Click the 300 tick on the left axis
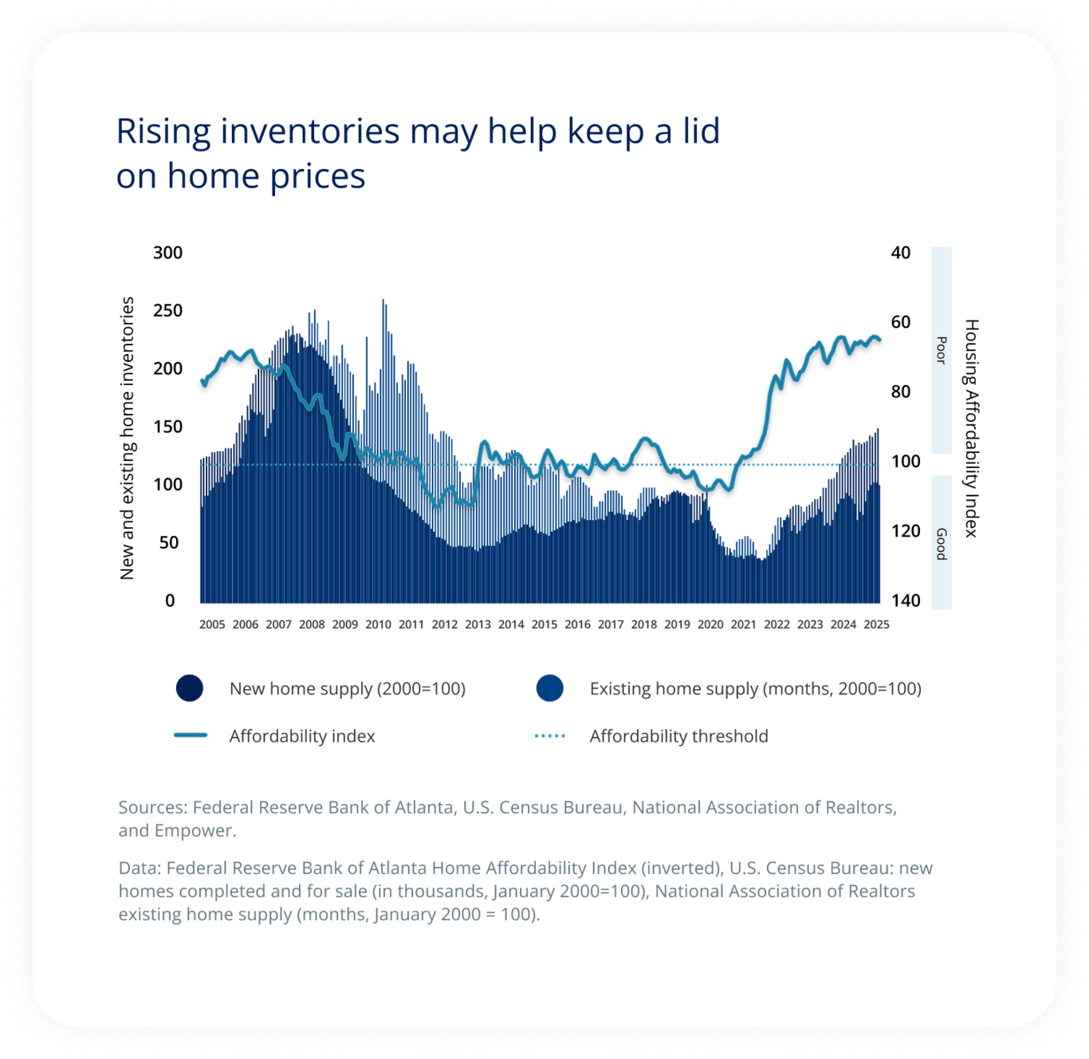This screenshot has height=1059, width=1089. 167,253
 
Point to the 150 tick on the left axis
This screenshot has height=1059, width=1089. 167,427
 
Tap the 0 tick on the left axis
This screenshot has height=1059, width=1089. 170,600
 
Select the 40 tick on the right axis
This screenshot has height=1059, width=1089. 900,253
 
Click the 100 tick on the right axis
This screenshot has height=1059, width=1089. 905,462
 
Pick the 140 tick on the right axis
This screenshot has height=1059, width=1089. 905,600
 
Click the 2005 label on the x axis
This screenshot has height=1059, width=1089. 212,624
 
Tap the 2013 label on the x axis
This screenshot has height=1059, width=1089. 478,624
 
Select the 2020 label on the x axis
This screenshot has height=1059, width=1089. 710,624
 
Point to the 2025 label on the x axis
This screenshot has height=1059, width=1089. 876,624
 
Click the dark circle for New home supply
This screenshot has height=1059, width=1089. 190,688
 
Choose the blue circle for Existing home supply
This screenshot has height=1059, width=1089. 550,688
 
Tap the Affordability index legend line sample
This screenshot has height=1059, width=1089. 191,735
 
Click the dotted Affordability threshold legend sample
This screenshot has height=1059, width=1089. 550,735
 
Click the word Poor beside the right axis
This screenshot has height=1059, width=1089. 942,351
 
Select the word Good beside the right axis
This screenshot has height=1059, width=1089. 942,544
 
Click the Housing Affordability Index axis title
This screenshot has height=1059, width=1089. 971,428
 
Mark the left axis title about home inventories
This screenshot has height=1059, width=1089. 128,438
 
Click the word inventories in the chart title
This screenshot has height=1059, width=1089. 309,132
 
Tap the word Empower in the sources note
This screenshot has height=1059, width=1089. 194,830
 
